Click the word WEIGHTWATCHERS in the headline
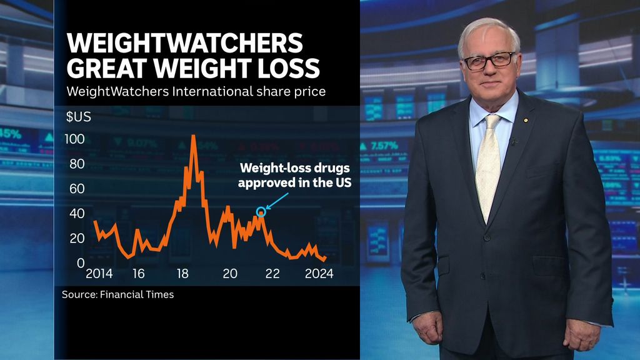click(x=184, y=44)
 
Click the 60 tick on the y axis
click(x=77, y=188)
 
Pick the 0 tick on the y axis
click(x=81, y=263)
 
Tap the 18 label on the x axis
click(x=182, y=274)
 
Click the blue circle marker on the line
click(x=261, y=212)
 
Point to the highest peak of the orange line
click(x=193, y=136)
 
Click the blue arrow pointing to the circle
click(x=277, y=201)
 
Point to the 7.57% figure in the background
click(x=383, y=146)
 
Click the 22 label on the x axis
click(x=272, y=274)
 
